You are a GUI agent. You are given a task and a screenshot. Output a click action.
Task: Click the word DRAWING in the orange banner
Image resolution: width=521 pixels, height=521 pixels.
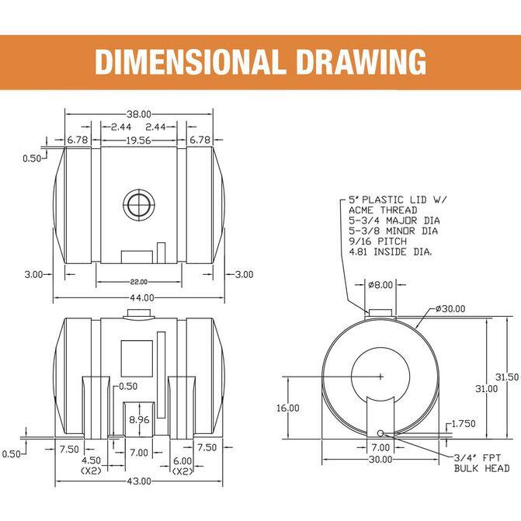(361, 62)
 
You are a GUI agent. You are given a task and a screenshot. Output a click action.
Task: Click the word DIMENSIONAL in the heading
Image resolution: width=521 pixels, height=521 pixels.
(190, 62)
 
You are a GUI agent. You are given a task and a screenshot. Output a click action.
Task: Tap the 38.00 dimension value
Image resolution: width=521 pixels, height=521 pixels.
(139, 114)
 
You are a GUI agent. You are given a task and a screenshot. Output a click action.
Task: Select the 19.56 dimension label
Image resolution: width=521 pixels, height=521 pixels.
(138, 141)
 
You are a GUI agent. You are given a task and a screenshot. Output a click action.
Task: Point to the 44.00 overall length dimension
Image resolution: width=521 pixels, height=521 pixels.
(142, 297)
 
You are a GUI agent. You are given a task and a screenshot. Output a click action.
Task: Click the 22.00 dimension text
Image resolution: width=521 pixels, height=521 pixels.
(139, 282)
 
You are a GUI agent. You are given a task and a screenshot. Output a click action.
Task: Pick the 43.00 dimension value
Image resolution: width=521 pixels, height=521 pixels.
(139, 481)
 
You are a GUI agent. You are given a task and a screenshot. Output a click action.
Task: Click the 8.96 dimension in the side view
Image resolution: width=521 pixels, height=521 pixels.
(139, 419)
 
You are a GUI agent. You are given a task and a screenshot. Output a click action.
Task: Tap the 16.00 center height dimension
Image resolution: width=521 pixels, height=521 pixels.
(288, 408)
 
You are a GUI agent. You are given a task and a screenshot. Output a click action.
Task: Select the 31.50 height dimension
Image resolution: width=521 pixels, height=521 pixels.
(507, 377)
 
